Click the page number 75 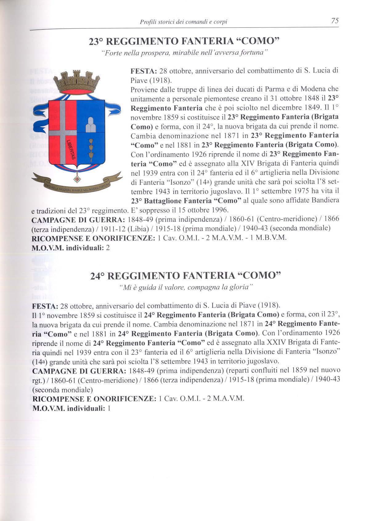(x=335, y=21)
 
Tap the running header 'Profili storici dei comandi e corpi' (x=184, y=22)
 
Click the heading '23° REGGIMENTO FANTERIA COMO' (x=184, y=42)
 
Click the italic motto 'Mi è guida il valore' (x=186, y=287)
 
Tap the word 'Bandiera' (x=325, y=200)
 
